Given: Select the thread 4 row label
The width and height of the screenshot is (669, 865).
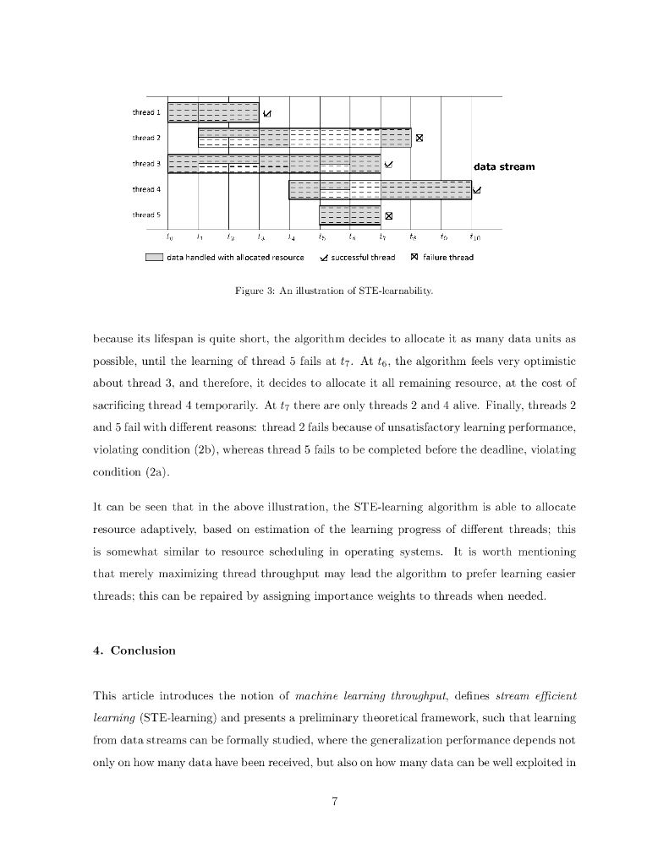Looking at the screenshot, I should (146, 189).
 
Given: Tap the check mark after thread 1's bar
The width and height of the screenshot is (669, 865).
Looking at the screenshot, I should (267, 113).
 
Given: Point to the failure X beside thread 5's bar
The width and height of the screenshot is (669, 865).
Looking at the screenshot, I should (389, 215).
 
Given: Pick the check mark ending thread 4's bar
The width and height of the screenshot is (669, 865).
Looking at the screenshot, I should (477, 190).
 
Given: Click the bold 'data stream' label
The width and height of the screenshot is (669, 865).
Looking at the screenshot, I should (504, 166).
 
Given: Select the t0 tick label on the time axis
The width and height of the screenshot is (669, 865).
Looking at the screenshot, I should (169, 238).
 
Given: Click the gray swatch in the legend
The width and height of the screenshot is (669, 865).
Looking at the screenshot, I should (154, 257).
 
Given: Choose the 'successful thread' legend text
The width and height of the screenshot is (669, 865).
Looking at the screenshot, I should (362, 257).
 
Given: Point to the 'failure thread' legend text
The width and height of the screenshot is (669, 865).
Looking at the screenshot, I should (447, 257).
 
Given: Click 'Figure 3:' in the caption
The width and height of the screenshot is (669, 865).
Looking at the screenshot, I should (252, 291).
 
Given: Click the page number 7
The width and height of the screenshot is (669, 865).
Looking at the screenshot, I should (335, 802).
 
